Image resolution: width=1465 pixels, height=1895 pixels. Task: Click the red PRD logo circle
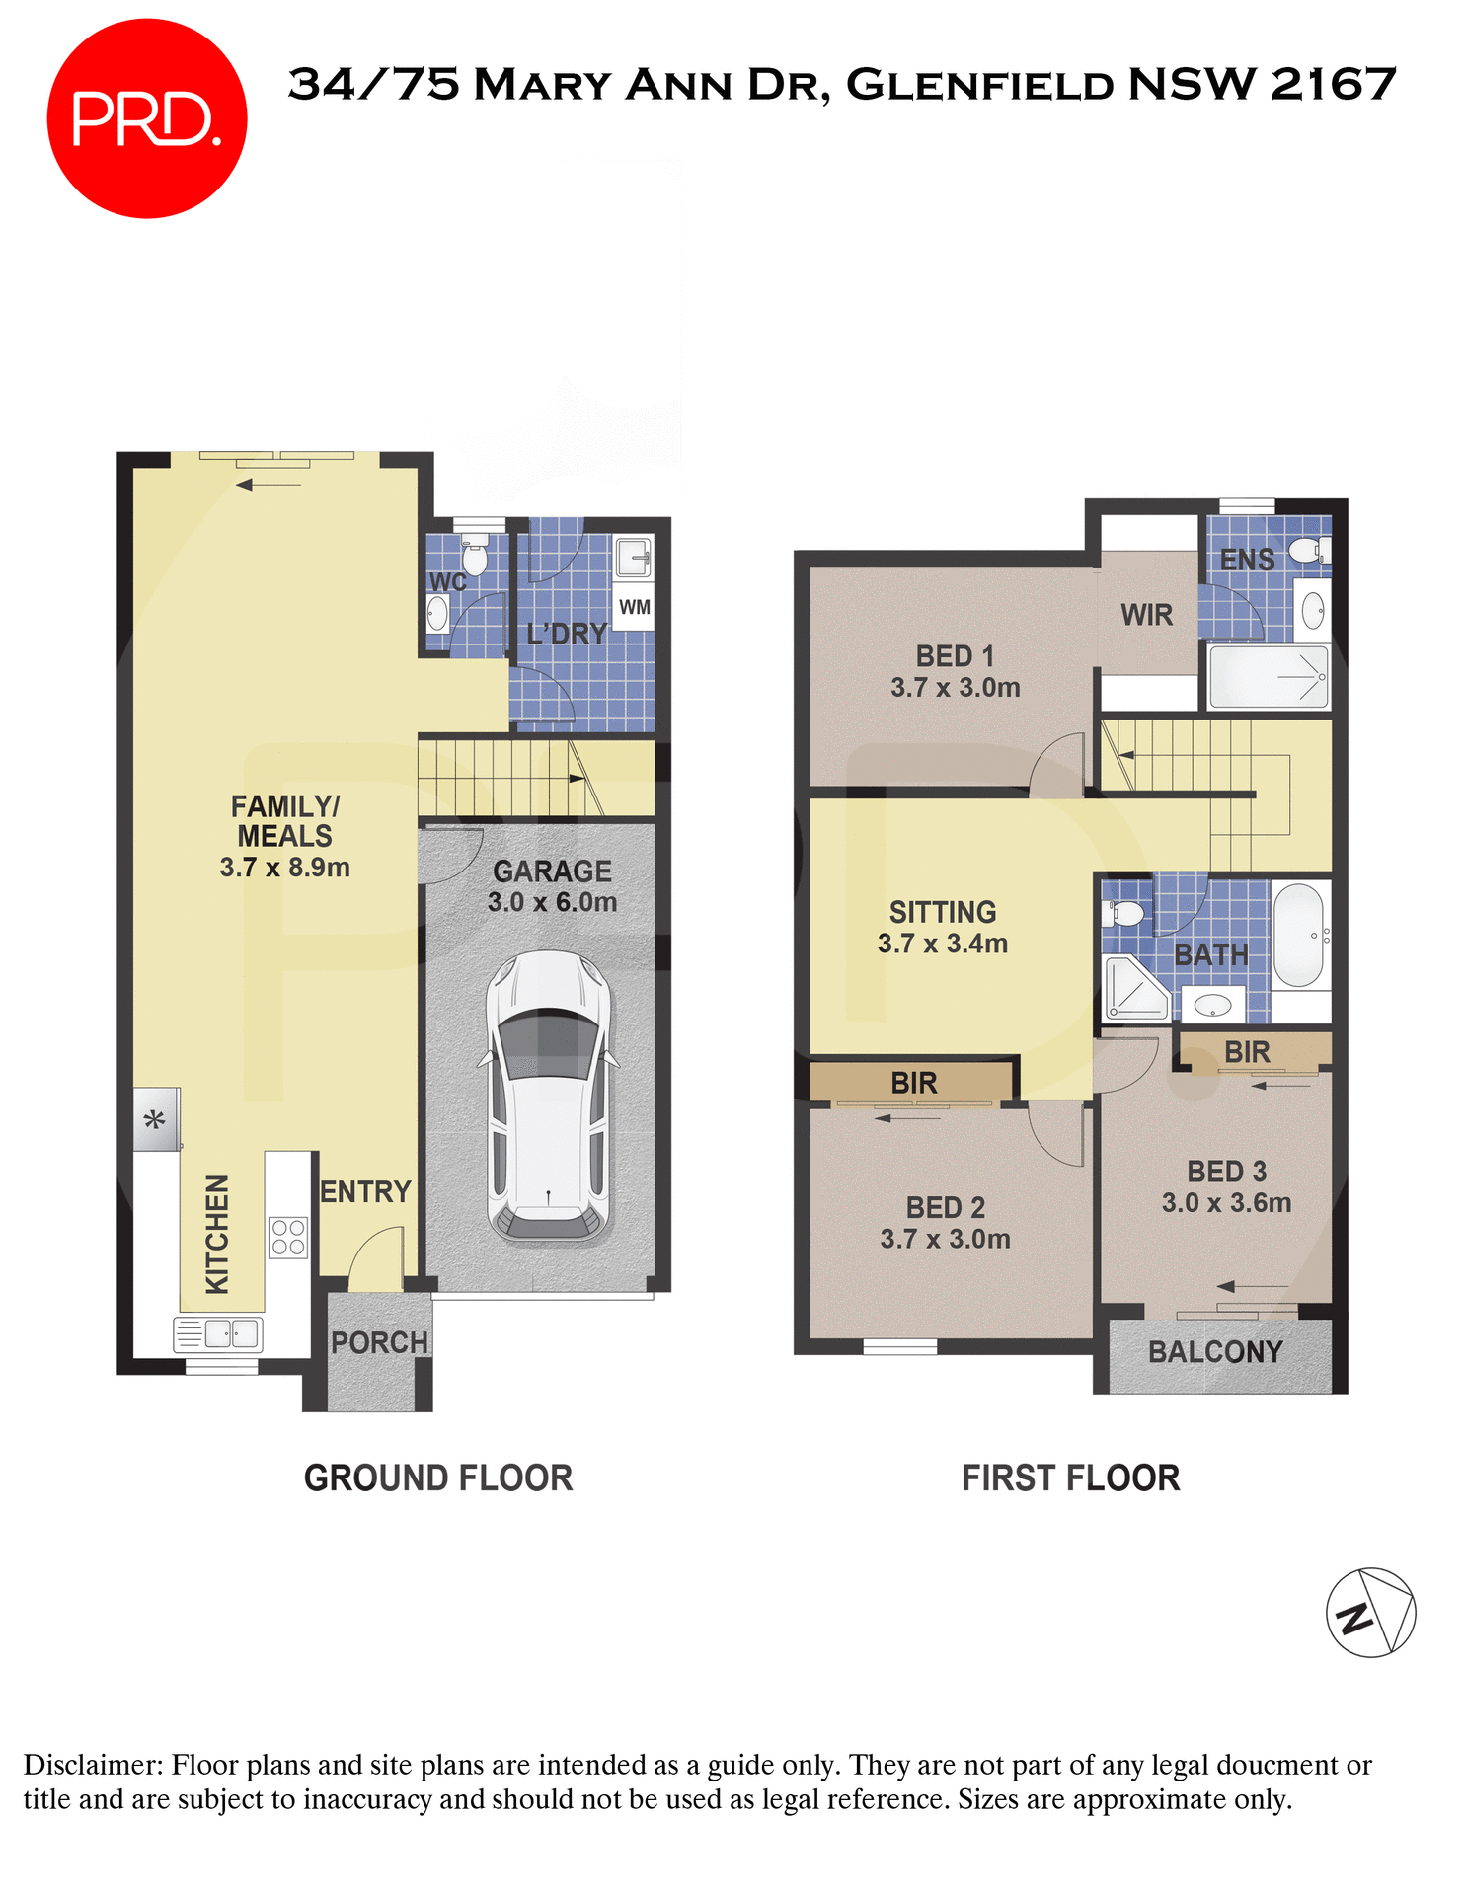click(x=146, y=118)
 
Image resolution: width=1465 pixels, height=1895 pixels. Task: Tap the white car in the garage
click(x=549, y=1096)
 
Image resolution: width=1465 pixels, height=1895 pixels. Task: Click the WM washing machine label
click(x=634, y=607)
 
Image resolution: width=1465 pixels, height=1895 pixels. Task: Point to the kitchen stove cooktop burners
click(x=288, y=1237)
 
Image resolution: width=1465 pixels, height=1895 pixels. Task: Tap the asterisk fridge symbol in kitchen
click(x=155, y=1119)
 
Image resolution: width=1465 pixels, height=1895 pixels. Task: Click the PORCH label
click(x=379, y=1343)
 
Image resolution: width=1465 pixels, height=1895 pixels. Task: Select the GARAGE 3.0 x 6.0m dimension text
click(x=552, y=902)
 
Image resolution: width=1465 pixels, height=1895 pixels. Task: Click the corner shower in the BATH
click(x=1133, y=988)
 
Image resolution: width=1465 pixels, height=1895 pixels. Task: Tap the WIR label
click(x=1146, y=615)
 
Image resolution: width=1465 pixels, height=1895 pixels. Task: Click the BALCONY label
click(x=1215, y=1352)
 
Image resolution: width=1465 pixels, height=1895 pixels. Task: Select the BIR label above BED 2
click(x=913, y=1083)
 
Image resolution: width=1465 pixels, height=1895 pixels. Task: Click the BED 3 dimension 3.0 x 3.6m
click(x=1226, y=1203)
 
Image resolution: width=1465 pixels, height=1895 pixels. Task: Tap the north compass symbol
click(x=1370, y=1612)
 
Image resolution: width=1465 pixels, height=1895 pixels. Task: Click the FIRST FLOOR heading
click(x=1070, y=1478)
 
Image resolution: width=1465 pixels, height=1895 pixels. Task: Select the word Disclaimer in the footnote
click(x=91, y=1765)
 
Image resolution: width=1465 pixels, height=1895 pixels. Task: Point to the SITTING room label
click(x=942, y=912)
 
